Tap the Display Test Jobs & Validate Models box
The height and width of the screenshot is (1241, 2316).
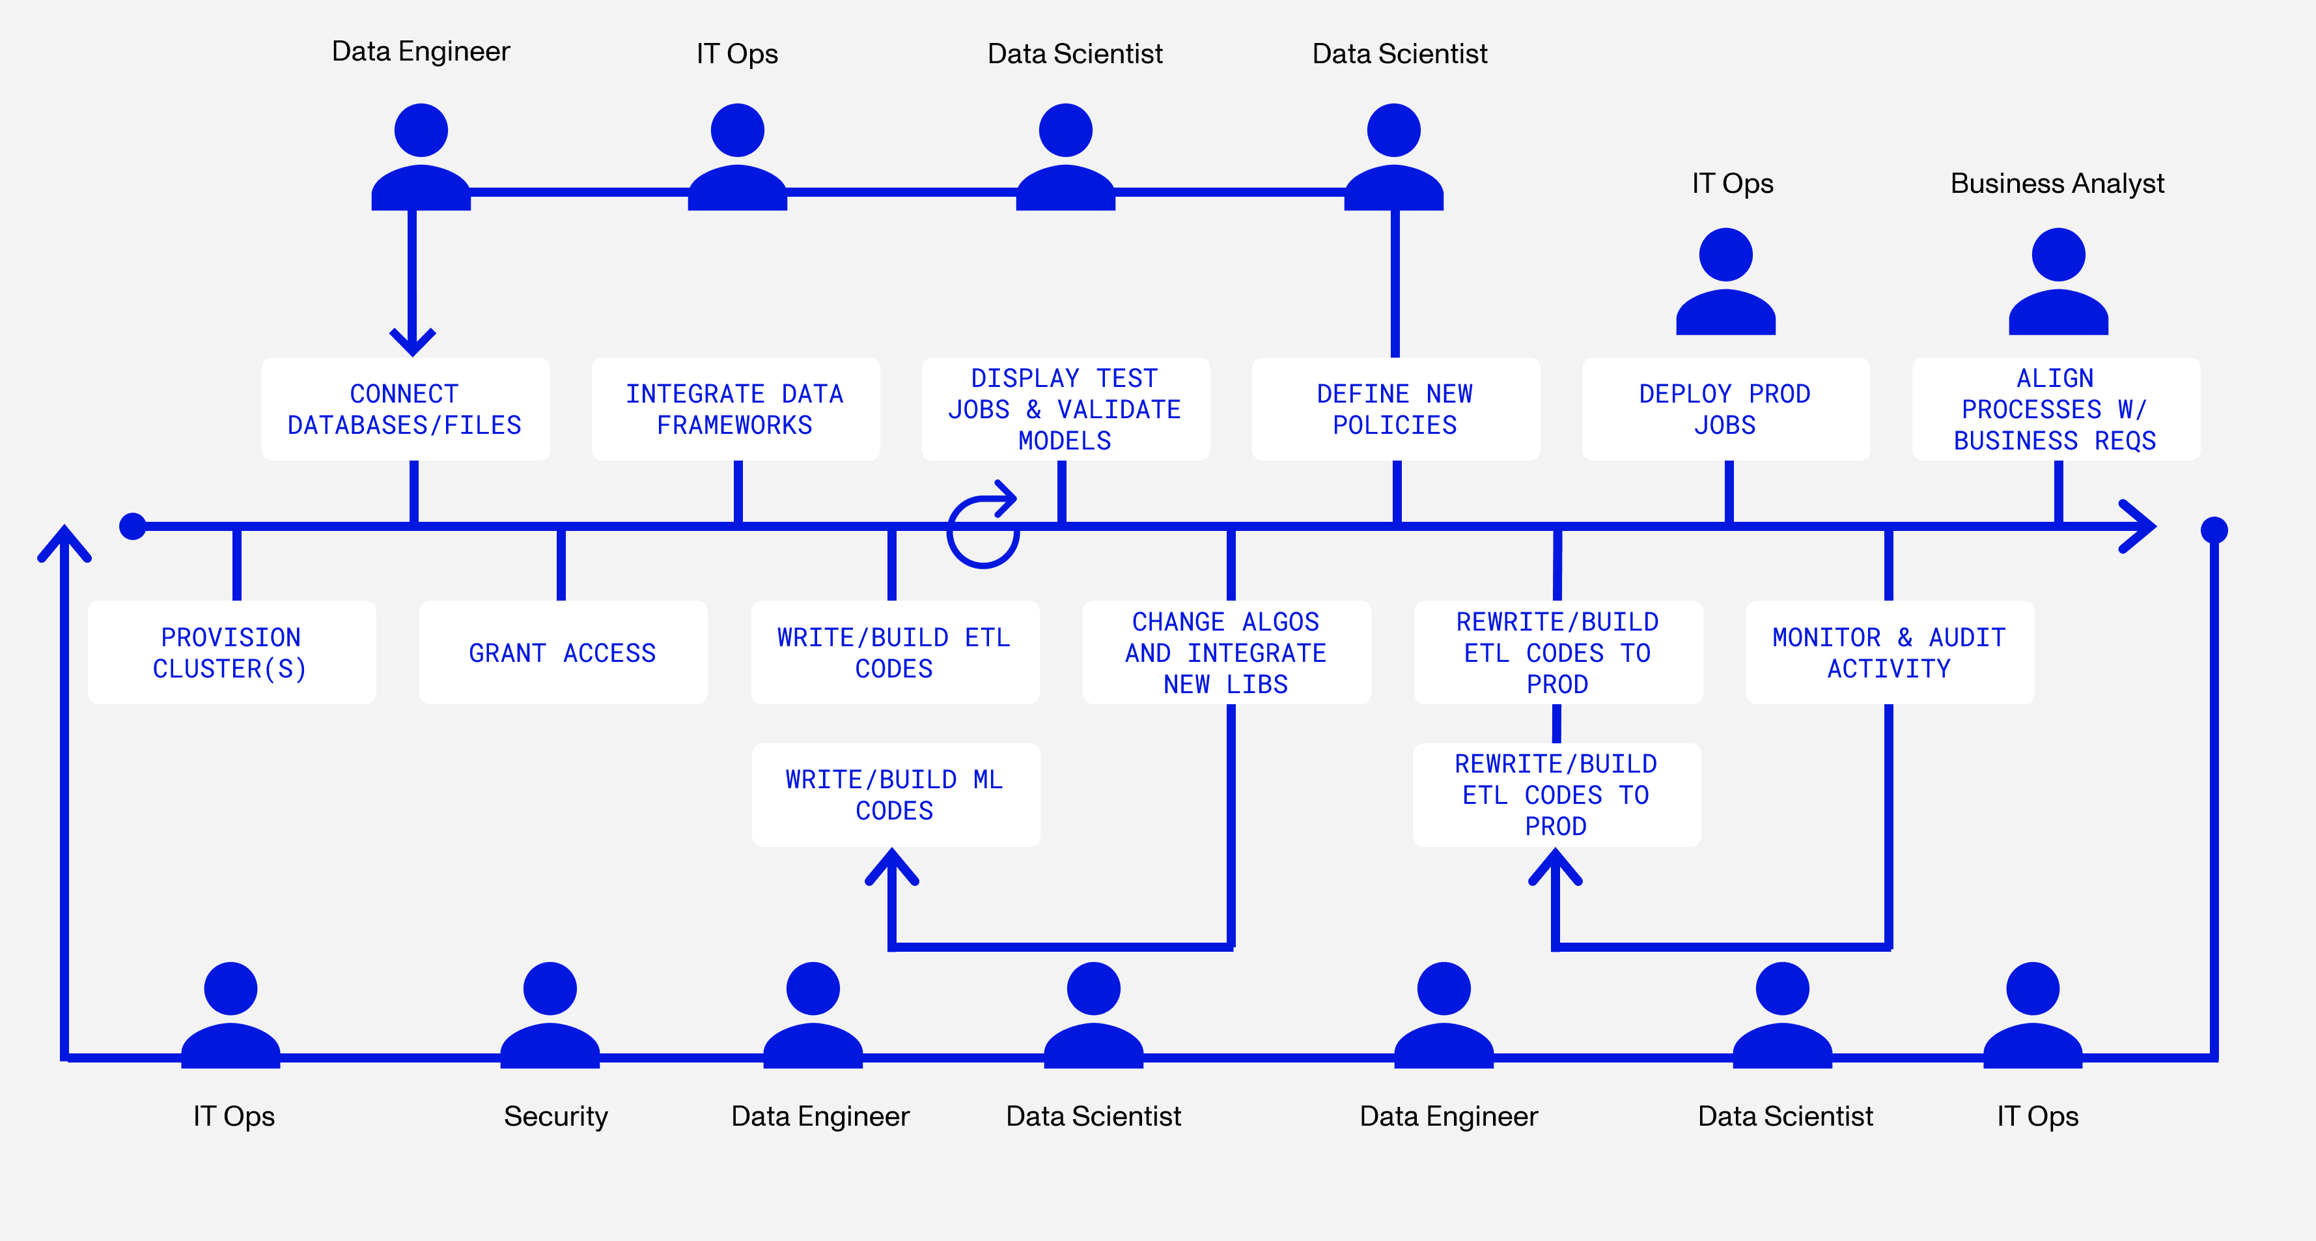(x=1065, y=409)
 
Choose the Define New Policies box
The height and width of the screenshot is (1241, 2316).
(x=1395, y=409)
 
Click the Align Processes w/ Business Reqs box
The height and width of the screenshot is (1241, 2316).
(x=2056, y=409)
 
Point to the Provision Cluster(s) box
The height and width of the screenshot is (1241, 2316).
(x=231, y=653)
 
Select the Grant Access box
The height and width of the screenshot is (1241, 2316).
(x=563, y=653)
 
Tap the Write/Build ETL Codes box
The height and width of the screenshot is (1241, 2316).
(x=895, y=653)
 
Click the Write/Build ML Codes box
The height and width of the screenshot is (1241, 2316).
(x=895, y=795)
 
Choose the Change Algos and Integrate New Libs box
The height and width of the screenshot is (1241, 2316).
(x=1225, y=653)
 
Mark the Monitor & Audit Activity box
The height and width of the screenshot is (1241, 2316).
(x=1889, y=653)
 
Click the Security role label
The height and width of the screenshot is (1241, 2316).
(x=555, y=1116)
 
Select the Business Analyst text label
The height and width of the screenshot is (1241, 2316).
(x=2057, y=184)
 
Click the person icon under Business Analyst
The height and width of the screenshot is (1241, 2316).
(x=2058, y=281)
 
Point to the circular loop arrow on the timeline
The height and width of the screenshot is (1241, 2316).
(x=983, y=530)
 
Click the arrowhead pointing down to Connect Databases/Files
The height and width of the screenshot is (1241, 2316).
(x=413, y=343)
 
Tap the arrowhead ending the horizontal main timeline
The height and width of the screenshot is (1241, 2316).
(x=2140, y=526)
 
